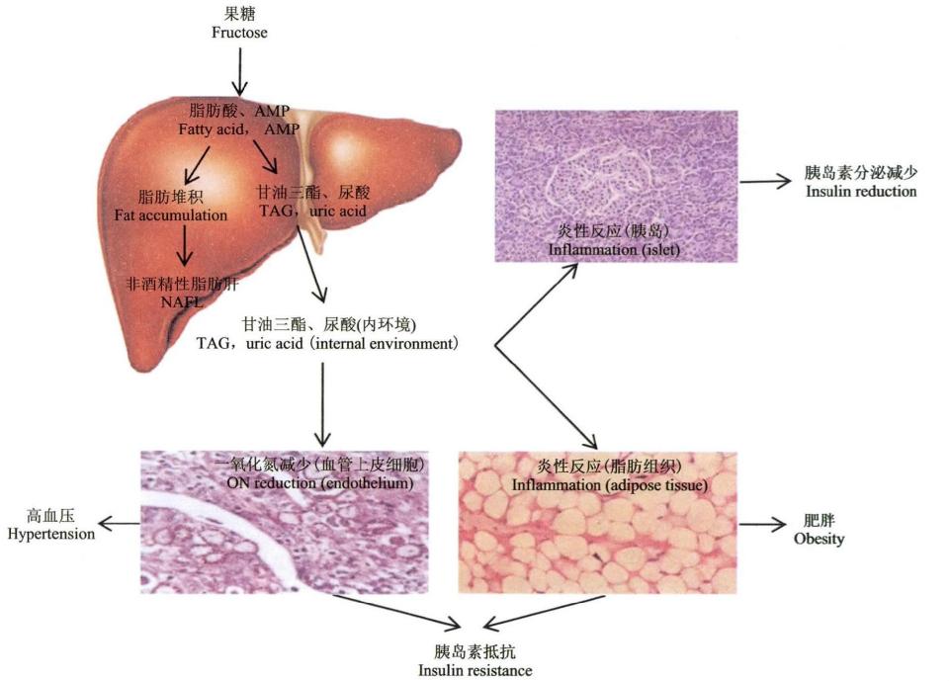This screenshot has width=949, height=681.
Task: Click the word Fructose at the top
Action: tap(239, 33)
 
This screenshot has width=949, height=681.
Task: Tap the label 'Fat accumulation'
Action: tap(184, 214)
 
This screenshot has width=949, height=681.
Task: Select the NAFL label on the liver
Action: tap(182, 301)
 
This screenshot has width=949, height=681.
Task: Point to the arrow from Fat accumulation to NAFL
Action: tap(183, 247)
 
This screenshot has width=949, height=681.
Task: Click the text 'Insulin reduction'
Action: tap(859, 191)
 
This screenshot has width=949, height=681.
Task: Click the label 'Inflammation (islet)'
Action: tap(615, 249)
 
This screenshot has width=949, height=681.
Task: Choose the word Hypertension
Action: tap(50, 535)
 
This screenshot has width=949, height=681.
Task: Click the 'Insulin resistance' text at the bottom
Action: tap(474, 670)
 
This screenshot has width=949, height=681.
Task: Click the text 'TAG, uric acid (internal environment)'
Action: tap(327, 344)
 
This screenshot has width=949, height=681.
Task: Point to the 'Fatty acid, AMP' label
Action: tap(239, 129)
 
